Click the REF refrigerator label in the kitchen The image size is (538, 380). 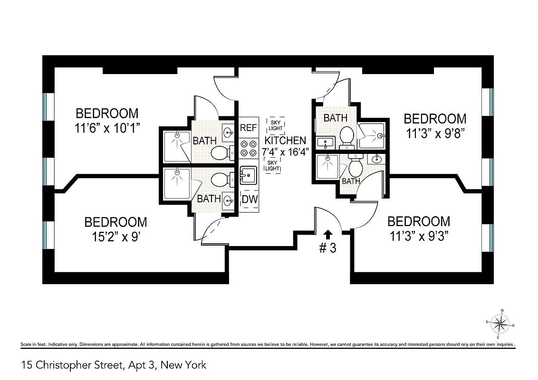[249, 127]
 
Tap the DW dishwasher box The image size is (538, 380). [250, 199]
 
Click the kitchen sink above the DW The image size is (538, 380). [248, 176]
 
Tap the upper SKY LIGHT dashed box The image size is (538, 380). [276, 125]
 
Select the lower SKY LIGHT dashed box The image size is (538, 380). [272, 166]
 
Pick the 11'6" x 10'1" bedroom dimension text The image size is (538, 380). [107, 128]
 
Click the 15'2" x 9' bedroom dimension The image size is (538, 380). [115, 237]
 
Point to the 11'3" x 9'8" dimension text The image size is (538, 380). [434, 133]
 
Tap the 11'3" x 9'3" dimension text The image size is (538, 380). [419, 236]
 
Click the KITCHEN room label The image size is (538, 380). [285, 141]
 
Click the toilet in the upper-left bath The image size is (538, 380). [220, 152]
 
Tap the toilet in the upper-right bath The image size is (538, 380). [346, 135]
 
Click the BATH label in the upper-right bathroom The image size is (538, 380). [336, 118]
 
